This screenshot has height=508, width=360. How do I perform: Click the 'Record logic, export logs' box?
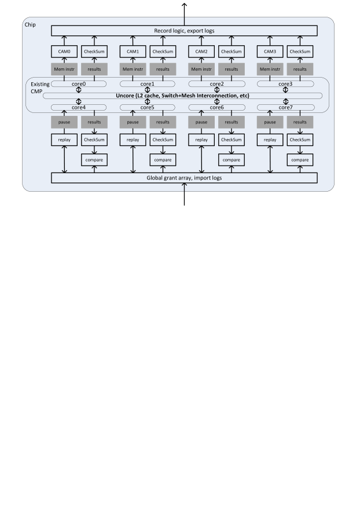coord(184,31)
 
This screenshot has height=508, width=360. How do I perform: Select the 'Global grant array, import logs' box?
coord(184,178)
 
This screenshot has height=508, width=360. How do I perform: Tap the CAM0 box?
coord(64,52)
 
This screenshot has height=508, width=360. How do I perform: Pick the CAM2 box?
coord(201,52)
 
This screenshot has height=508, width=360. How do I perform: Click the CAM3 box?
coord(270,52)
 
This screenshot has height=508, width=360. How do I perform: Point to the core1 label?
coord(148,84)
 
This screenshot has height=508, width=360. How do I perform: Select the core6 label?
coord(216,108)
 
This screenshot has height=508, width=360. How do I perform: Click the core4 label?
coord(79,108)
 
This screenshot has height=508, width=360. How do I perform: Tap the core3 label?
coord(285,84)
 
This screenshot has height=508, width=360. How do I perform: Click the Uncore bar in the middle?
coord(182,96)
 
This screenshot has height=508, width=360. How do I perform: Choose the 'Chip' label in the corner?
coord(30,25)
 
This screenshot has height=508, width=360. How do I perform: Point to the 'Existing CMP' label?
coord(40,87)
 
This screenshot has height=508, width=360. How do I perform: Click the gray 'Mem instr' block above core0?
coord(64,69)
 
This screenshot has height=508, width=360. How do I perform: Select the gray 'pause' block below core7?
coord(270,122)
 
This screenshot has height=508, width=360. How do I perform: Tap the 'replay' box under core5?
coord(133,140)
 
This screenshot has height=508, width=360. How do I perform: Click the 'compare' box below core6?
coord(232,160)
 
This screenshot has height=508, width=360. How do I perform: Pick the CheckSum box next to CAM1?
coord(163,52)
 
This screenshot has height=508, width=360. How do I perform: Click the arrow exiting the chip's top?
coord(184,14)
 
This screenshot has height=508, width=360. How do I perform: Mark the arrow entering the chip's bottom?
coord(184,194)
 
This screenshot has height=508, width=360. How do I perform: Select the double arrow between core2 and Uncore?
coord(217,90)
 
